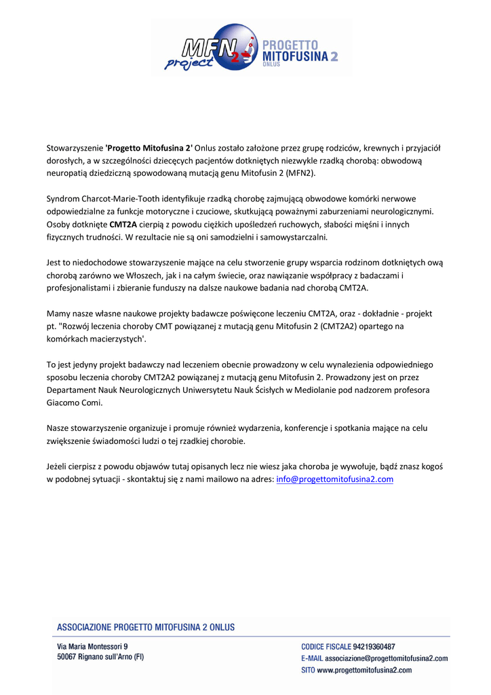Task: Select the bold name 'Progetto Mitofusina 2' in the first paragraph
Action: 149,148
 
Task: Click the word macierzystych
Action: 115,339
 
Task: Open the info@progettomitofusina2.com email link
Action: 334,479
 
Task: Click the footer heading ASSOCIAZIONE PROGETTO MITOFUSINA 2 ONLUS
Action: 146,627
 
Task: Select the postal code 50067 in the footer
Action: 69,658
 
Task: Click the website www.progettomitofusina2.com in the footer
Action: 364,670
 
